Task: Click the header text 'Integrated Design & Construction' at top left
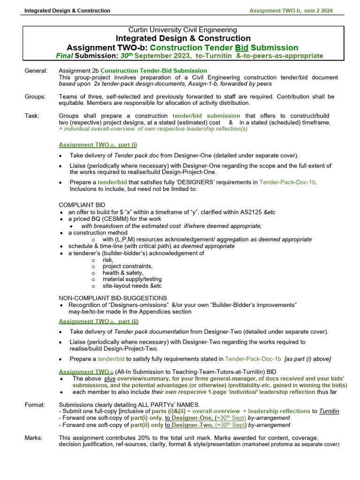(x=67, y=10)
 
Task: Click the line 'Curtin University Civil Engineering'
(x=183, y=30)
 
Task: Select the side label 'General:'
(x=36, y=71)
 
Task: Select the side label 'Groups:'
(x=36, y=97)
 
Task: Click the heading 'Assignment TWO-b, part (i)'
(x=98, y=145)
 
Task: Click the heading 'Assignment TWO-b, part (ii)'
(x=98, y=322)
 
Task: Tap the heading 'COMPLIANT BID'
(x=82, y=205)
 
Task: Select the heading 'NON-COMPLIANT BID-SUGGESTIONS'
(x=113, y=298)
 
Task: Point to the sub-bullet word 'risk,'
(x=108, y=260)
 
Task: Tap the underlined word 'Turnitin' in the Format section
(x=329, y=411)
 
